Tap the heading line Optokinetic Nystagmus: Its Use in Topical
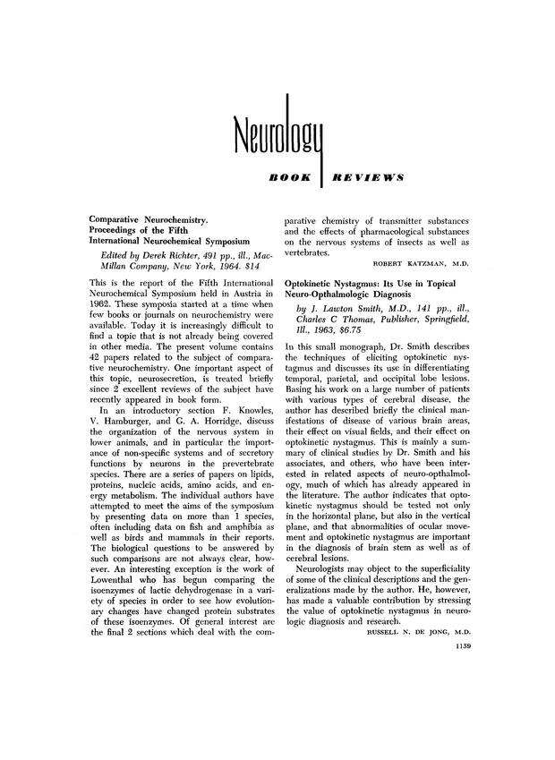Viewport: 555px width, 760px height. click(x=379, y=282)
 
